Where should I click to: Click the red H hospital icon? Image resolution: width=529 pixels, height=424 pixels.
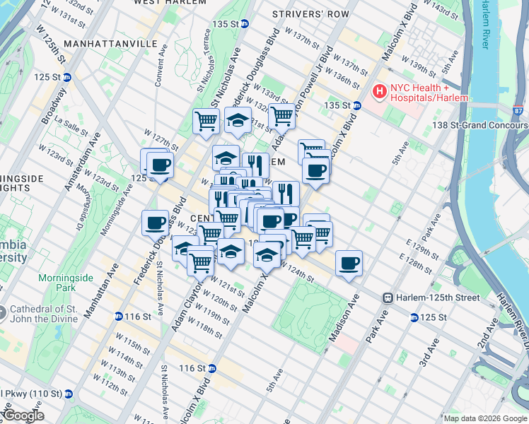pyautogui.click(x=380, y=90)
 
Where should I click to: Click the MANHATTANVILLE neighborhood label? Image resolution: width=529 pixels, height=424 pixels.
pyautogui.click(x=110, y=43)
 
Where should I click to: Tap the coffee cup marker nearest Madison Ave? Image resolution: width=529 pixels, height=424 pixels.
pyautogui.click(x=349, y=264)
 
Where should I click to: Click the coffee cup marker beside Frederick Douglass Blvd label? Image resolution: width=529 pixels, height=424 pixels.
pyautogui.click(x=156, y=224)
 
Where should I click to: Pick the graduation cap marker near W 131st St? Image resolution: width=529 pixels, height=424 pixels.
pyautogui.click(x=238, y=121)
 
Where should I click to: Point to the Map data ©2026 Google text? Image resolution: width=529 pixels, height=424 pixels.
pyautogui.click(x=485, y=418)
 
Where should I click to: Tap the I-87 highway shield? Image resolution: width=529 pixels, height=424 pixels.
pyautogui.click(x=519, y=111)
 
